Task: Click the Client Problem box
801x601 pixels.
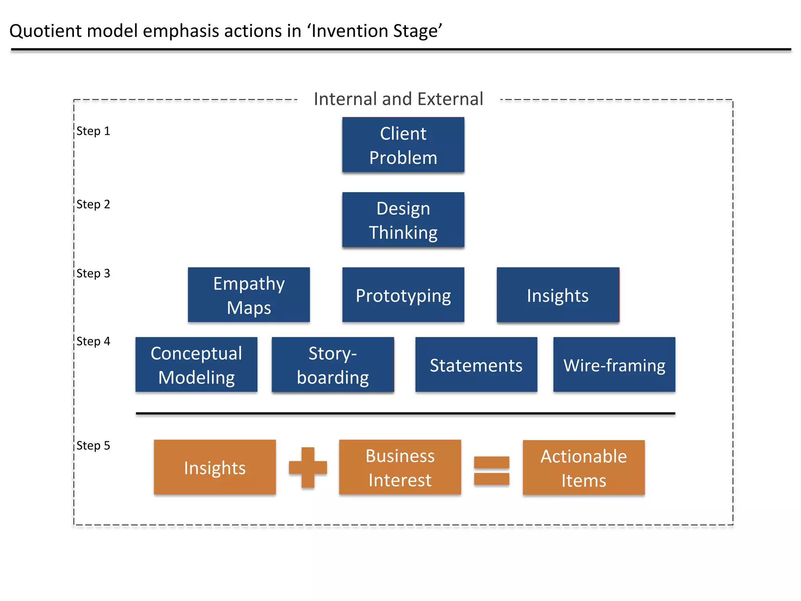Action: point(403,145)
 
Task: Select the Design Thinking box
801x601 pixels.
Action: point(403,220)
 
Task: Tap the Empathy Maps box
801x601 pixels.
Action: point(249,295)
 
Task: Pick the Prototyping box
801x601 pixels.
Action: point(403,295)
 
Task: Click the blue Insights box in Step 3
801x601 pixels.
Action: point(558,295)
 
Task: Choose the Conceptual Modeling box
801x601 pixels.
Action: point(196,365)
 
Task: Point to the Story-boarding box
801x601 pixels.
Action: point(332,365)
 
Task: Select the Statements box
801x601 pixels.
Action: point(476,365)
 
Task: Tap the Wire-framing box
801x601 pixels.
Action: point(614,365)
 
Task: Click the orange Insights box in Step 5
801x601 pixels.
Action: point(215,467)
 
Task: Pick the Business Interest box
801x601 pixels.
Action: point(400,467)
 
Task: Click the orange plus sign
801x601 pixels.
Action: point(308,468)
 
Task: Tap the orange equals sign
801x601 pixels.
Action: point(492,471)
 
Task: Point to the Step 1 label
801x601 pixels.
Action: point(93,131)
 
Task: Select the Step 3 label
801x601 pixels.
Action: point(93,274)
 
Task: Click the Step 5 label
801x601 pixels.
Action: point(93,446)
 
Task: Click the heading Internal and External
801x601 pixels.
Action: point(398,99)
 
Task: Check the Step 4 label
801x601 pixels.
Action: point(93,342)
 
